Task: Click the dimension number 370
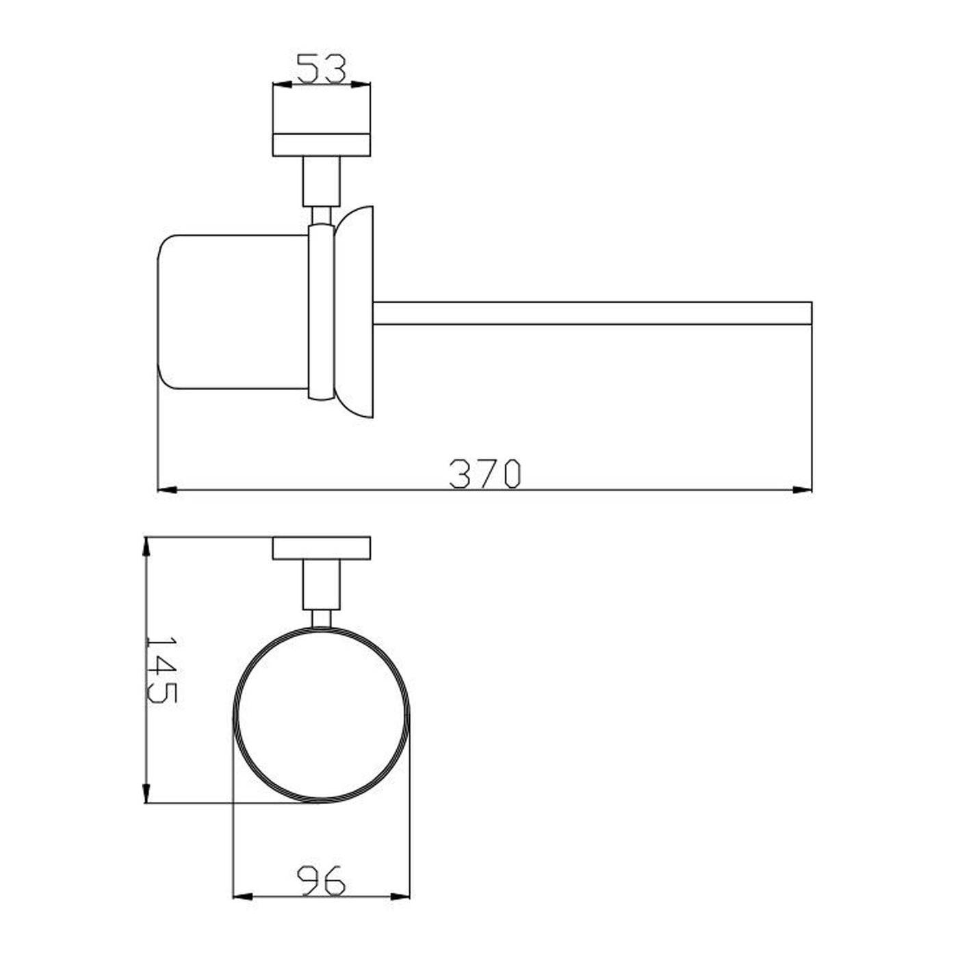[484, 474]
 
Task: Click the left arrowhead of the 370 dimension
[167, 490]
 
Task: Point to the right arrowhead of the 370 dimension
[802, 490]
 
